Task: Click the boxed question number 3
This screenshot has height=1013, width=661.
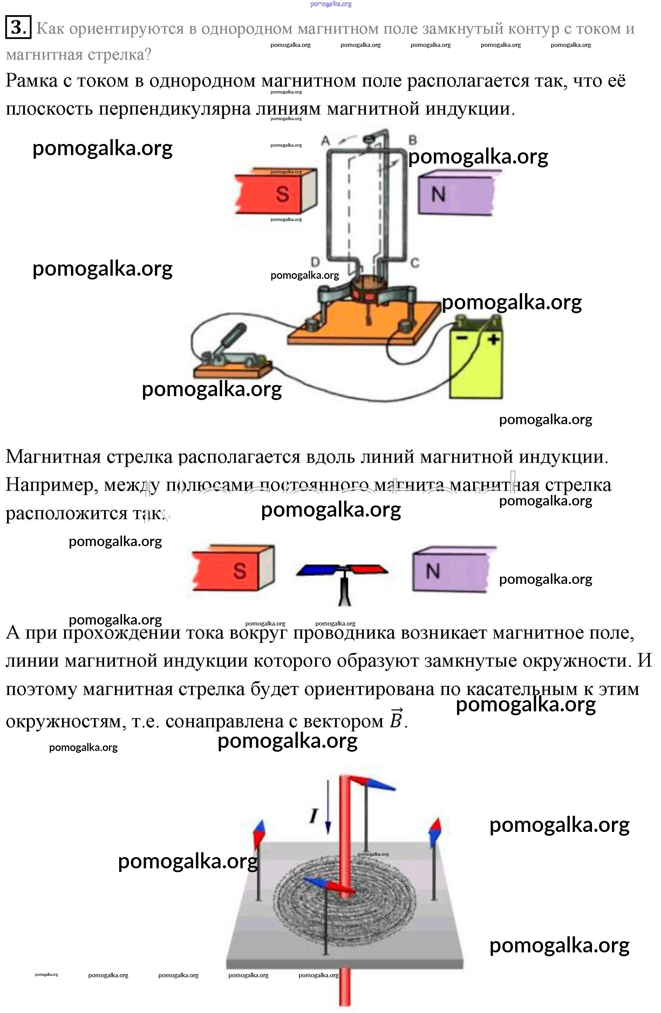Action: (x=18, y=27)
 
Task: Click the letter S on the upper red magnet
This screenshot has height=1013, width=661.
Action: (x=282, y=194)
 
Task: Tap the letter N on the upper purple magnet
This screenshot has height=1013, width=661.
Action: (x=438, y=194)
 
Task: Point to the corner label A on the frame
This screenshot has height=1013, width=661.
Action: (x=326, y=140)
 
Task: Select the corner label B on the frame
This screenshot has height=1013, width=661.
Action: (x=412, y=140)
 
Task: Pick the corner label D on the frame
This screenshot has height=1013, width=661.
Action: (x=315, y=261)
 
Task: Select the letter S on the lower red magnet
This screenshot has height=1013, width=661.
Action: (x=240, y=570)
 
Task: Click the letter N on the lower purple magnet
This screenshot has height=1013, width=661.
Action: (x=433, y=570)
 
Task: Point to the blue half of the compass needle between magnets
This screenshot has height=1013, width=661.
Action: (x=316, y=570)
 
